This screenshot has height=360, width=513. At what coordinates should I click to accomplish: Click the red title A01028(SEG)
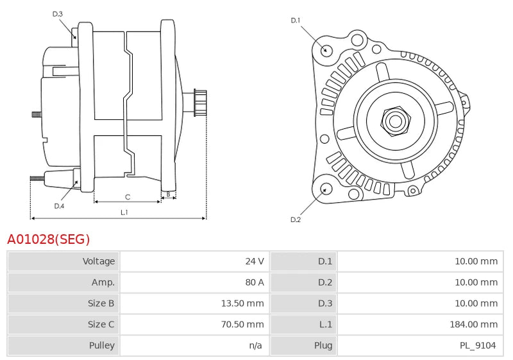coord(49,239)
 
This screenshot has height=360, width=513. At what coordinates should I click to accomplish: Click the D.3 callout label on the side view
coord(58,13)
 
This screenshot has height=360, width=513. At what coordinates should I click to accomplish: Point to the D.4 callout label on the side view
coord(59,206)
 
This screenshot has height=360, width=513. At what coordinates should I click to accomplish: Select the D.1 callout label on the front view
coord(295,21)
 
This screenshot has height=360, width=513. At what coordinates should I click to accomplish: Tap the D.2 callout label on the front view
coord(295,219)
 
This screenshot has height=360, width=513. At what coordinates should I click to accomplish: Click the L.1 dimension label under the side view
coord(124,212)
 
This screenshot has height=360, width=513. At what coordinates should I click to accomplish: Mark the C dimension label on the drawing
coord(128,196)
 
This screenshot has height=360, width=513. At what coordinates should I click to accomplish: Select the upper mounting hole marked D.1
coord(326,49)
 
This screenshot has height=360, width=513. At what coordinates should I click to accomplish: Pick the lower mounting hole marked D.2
coord(325,189)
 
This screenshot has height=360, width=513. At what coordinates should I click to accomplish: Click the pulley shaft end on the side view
coord(200,103)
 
